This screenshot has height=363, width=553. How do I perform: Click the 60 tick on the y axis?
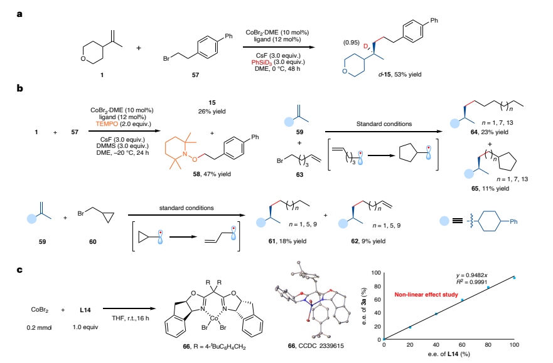(x=376, y=300)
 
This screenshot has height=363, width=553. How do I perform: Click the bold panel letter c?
(x=19, y=270)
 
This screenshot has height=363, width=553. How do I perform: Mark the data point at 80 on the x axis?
(x=488, y=288)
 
